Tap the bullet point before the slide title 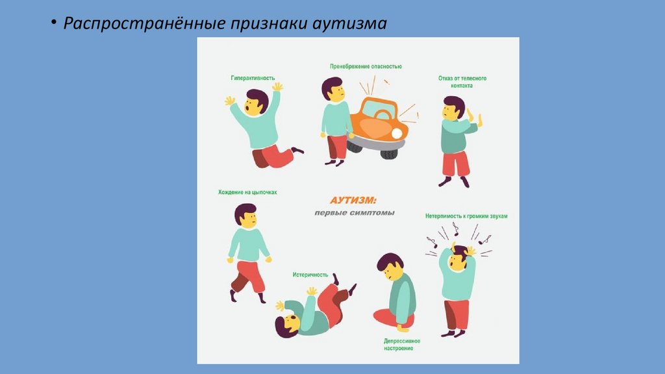pyautogui.click(x=53, y=22)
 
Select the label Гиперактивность pyautogui.click(x=253, y=78)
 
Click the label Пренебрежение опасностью pyautogui.click(x=366, y=67)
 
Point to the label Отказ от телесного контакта pyautogui.click(x=462, y=82)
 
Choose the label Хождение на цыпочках pyautogui.click(x=247, y=192)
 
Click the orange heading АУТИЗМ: pyautogui.click(x=353, y=200)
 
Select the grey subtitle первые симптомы pyautogui.click(x=355, y=213)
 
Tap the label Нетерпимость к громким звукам pyautogui.click(x=466, y=216)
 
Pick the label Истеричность pyautogui.click(x=310, y=275)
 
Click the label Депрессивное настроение pyautogui.click(x=401, y=344)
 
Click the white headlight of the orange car pyautogui.click(x=397, y=134)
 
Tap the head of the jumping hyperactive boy pyautogui.click(x=256, y=103)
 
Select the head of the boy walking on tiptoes pyautogui.click(x=246, y=216)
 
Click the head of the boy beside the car pyautogui.click(x=333, y=90)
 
